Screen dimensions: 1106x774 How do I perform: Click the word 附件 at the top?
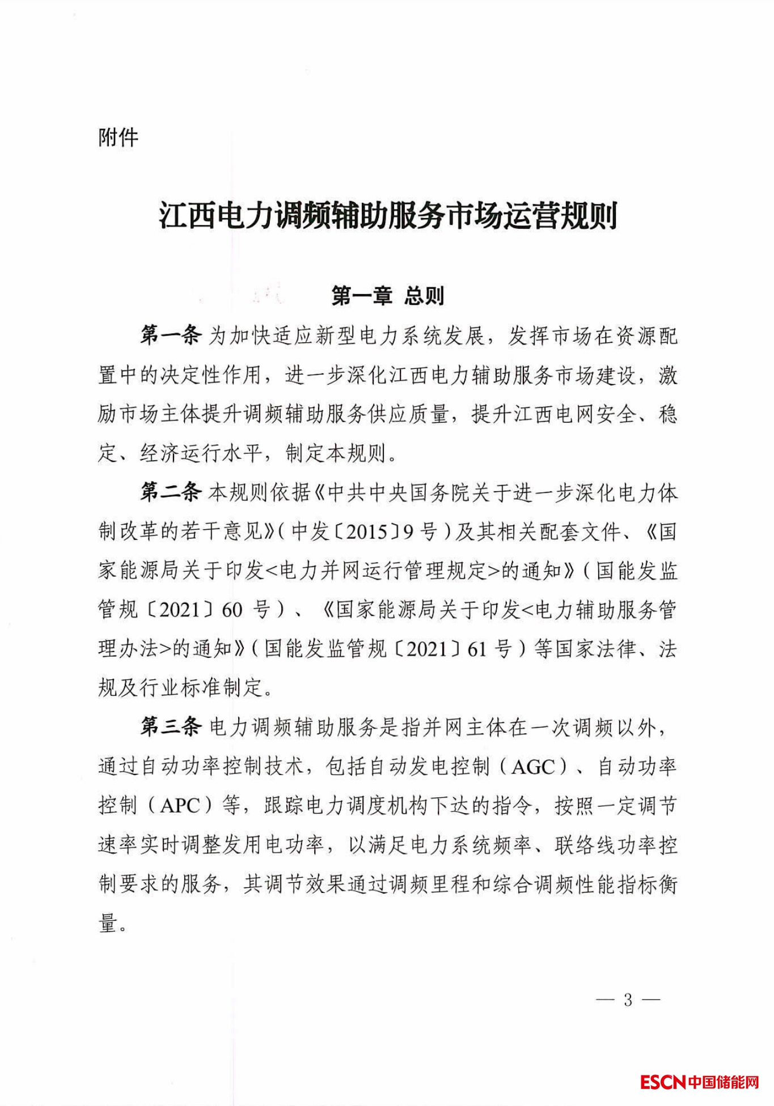point(118,138)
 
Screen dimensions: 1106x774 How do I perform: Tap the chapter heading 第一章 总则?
point(387,296)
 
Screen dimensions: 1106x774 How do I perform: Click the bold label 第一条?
point(170,337)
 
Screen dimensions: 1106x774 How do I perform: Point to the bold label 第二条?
point(170,493)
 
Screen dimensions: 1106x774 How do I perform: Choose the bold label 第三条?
point(170,728)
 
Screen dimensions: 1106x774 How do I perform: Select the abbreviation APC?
point(180,806)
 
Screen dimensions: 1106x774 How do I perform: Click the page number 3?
point(628,1000)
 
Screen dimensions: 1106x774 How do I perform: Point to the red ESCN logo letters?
point(663,1082)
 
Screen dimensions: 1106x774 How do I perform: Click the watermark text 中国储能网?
point(724,1082)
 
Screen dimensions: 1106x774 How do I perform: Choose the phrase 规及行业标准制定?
point(180,688)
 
